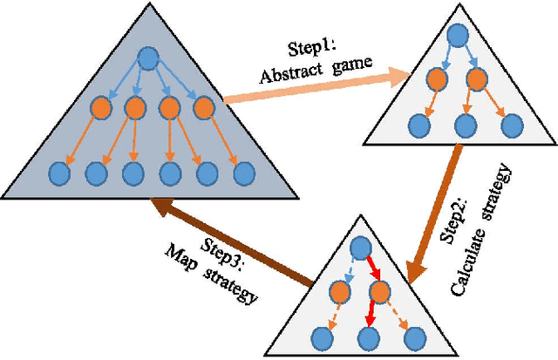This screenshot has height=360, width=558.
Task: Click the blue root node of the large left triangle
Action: coord(147,59)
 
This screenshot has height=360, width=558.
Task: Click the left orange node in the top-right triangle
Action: coord(435,78)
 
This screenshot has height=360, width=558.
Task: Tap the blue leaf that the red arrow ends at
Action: coord(370,336)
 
